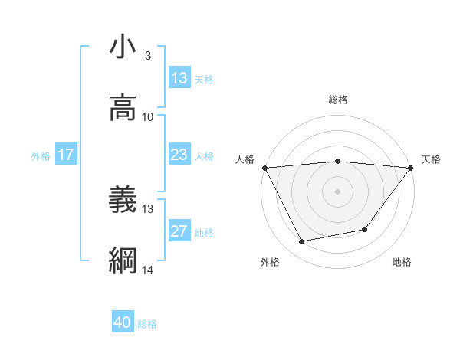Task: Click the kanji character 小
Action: pos(123,47)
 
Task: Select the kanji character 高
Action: pos(123,108)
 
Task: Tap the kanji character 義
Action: pos(123,200)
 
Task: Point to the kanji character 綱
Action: pos(123,261)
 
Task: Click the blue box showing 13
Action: pos(179,78)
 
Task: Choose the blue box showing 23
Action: pos(179,155)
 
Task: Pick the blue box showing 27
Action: pos(179,231)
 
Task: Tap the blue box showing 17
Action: pos(66,155)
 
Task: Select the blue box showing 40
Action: pos(123,323)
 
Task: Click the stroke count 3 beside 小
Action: pos(148,56)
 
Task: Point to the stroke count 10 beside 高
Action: pos(148,117)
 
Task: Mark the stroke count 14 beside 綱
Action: pos(148,270)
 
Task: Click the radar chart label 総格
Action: pos(337,100)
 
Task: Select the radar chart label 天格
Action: pos(432,159)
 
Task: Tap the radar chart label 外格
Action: pos(270,263)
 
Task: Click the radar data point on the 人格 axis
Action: pos(264,167)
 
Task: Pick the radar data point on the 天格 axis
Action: pos(411,167)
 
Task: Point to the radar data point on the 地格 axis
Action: pos(365,229)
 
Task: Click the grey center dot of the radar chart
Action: pos(337,191)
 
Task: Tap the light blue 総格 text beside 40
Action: pos(147,324)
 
